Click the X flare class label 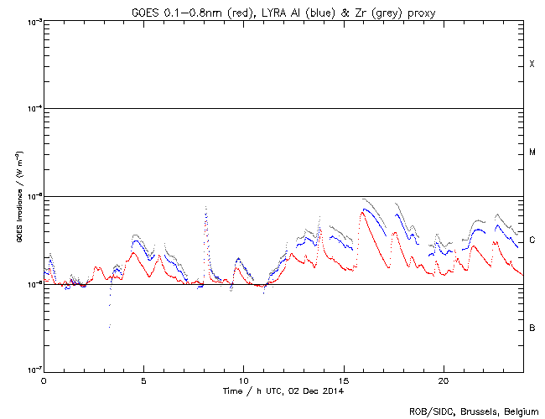pos(532,65)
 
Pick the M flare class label pos(532,153)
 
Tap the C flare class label pos(532,241)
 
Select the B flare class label pos(532,328)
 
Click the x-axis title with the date pos(283,391)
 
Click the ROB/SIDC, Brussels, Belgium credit pos(474,411)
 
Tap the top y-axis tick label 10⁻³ pos(34,21)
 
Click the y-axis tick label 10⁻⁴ pos(34,108)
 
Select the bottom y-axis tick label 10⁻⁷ pos(34,370)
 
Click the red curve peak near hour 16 pos(362,211)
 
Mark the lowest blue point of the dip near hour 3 pos(110,326)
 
